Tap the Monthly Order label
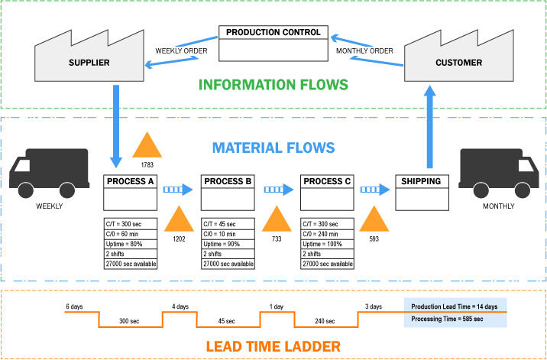click(364, 51)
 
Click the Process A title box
click(130, 182)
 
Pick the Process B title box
click(228, 182)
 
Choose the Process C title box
click(327, 182)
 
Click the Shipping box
click(421, 182)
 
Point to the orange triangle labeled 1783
click(148, 145)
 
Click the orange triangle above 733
click(277, 220)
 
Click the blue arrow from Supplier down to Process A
click(115, 126)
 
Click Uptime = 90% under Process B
click(228, 244)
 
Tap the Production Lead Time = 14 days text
click(454, 306)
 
